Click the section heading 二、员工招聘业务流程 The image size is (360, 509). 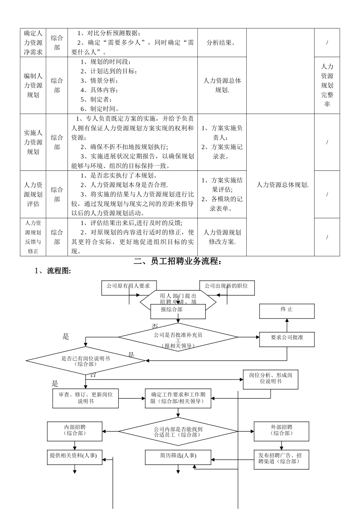tap(178, 261)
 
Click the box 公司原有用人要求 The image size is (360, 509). tap(129, 287)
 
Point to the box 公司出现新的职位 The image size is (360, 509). tap(227, 287)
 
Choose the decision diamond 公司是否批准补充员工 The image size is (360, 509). tap(178, 337)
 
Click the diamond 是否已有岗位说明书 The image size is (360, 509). tap(86, 361)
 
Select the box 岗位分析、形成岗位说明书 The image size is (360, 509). tap(270, 379)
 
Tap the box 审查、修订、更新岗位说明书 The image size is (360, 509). tap(86, 398)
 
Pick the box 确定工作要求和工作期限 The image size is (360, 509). tap(178, 398)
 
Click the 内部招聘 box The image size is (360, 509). tap(75, 431)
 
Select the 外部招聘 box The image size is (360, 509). tap(281, 431)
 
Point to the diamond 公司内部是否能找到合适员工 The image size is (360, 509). tap(178, 432)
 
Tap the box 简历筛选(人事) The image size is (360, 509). tap(178, 457)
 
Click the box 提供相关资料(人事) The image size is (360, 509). tap(75, 457)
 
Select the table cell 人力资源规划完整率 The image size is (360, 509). tap(327, 85)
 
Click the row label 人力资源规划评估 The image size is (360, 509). tap(33, 194)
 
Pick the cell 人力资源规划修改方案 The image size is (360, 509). tap(222, 237)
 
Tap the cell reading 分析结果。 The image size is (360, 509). tap(222, 43)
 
